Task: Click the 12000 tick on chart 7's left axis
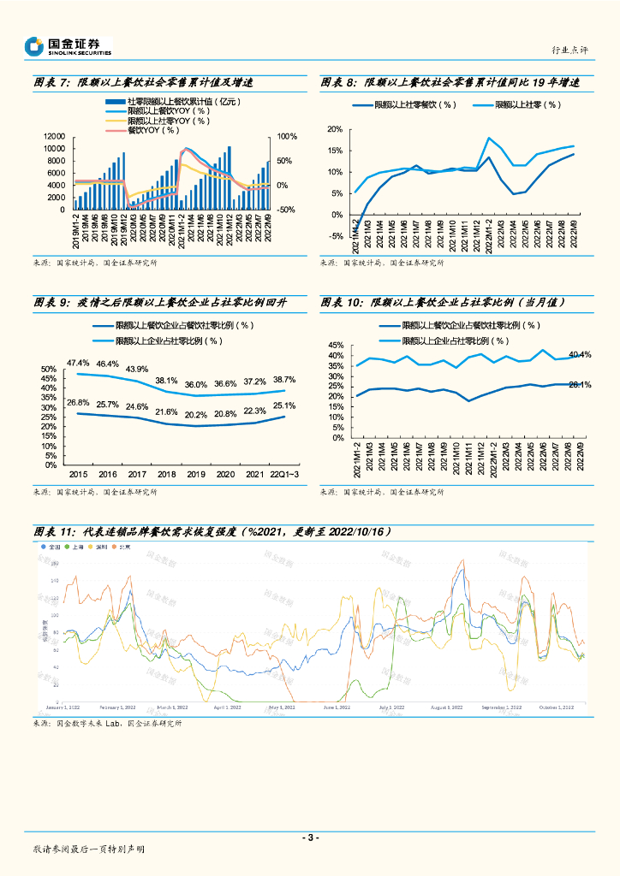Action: tap(54, 137)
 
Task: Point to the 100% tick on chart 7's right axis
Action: tap(287, 137)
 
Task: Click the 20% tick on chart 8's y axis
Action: tap(335, 129)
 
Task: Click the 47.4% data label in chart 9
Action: tap(79, 363)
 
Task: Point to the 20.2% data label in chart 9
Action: tap(196, 415)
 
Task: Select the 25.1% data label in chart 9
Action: tap(284, 405)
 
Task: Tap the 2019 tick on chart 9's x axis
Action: tap(196, 473)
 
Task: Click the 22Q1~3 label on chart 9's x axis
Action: tap(284, 473)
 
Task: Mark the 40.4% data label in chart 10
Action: tap(580, 354)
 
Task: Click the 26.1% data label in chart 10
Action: tap(580, 385)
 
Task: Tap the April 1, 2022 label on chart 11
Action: tap(227, 707)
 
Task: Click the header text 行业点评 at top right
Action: tap(570, 51)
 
